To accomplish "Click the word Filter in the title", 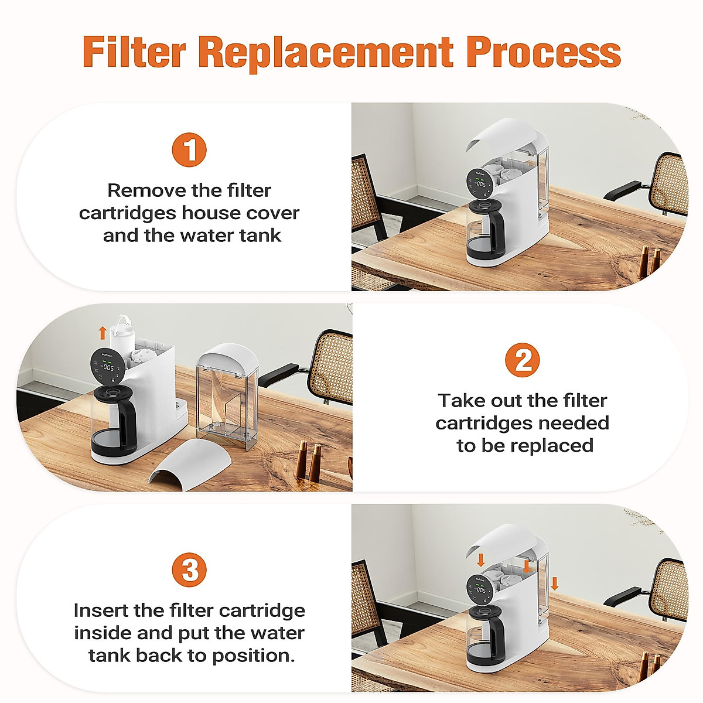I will pyautogui.click(x=134, y=52).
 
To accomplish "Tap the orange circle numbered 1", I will pyautogui.click(x=189, y=150).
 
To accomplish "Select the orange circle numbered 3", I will pyautogui.click(x=189, y=569).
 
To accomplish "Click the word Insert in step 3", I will pyautogui.click(x=101, y=610).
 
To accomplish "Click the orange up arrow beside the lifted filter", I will pyautogui.click(x=103, y=333).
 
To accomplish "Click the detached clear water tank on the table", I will pyautogui.click(x=228, y=398).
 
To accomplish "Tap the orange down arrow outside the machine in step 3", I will pyautogui.click(x=555, y=583).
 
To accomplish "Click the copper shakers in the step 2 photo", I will pyautogui.click(x=308, y=460).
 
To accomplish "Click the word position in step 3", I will pyautogui.click(x=252, y=655).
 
